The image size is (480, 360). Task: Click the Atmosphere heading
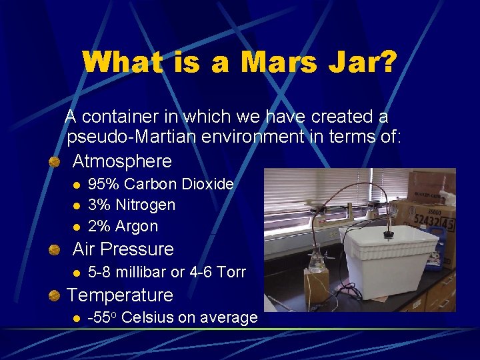tap(122, 161)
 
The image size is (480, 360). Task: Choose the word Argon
tap(137, 227)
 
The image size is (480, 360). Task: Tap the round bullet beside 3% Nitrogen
tap(77, 205)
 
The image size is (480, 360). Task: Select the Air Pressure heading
tap(123, 249)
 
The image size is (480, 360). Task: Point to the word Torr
tap(231, 272)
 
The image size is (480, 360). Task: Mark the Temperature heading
tap(120, 295)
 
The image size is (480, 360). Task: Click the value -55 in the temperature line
tap(100, 317)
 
